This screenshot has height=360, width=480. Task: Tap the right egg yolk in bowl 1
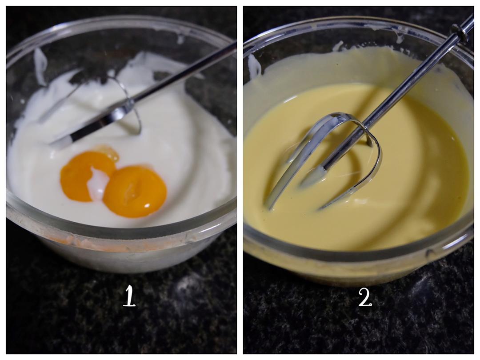pyautogui.click(x=135, y=192)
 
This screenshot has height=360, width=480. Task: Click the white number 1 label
pyautogui.click(x=129, y=296)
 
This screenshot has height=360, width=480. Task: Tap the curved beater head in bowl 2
pyautogui.click(x=324, y=159)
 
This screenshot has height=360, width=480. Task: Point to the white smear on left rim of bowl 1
pyautogui.click(x=40, y=66)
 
